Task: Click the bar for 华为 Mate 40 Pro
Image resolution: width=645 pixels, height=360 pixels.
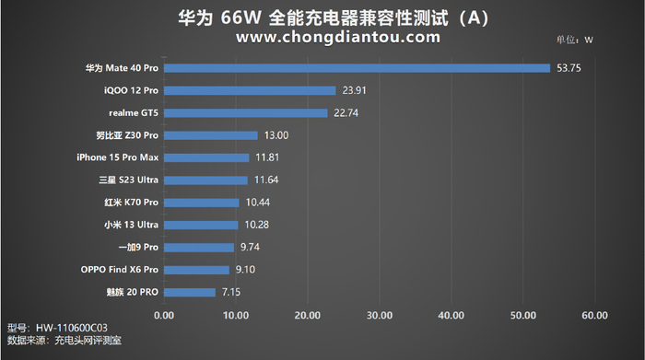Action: pyautogui.click(x=357, y=67)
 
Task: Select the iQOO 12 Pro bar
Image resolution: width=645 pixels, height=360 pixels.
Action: pyautogui.click(x=250, y=90)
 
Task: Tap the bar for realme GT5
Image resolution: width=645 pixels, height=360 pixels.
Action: pyautogui.click(x=245, y=112)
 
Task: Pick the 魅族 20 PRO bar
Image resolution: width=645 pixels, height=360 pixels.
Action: pyautogui.click(x=190, y=292)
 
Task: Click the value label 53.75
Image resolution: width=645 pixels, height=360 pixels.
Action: pyautogui.click(x=569, y=67)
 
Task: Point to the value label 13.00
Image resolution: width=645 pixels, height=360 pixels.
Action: pyautogui.click(x=276, y=135)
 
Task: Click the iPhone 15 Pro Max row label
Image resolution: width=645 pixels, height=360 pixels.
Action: pyautogui.click(x=118, y=157)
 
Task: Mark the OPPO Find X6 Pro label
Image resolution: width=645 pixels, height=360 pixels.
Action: pyautogui.click(x=120, y=270)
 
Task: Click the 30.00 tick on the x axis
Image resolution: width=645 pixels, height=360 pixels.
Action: pyautogui.click(x=380, y=316)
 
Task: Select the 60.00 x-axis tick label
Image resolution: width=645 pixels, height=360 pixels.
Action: pyautogui.click(x=594, y=316)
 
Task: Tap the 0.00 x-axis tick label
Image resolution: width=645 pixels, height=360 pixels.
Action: pyautogui.click(x=164, y=316)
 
